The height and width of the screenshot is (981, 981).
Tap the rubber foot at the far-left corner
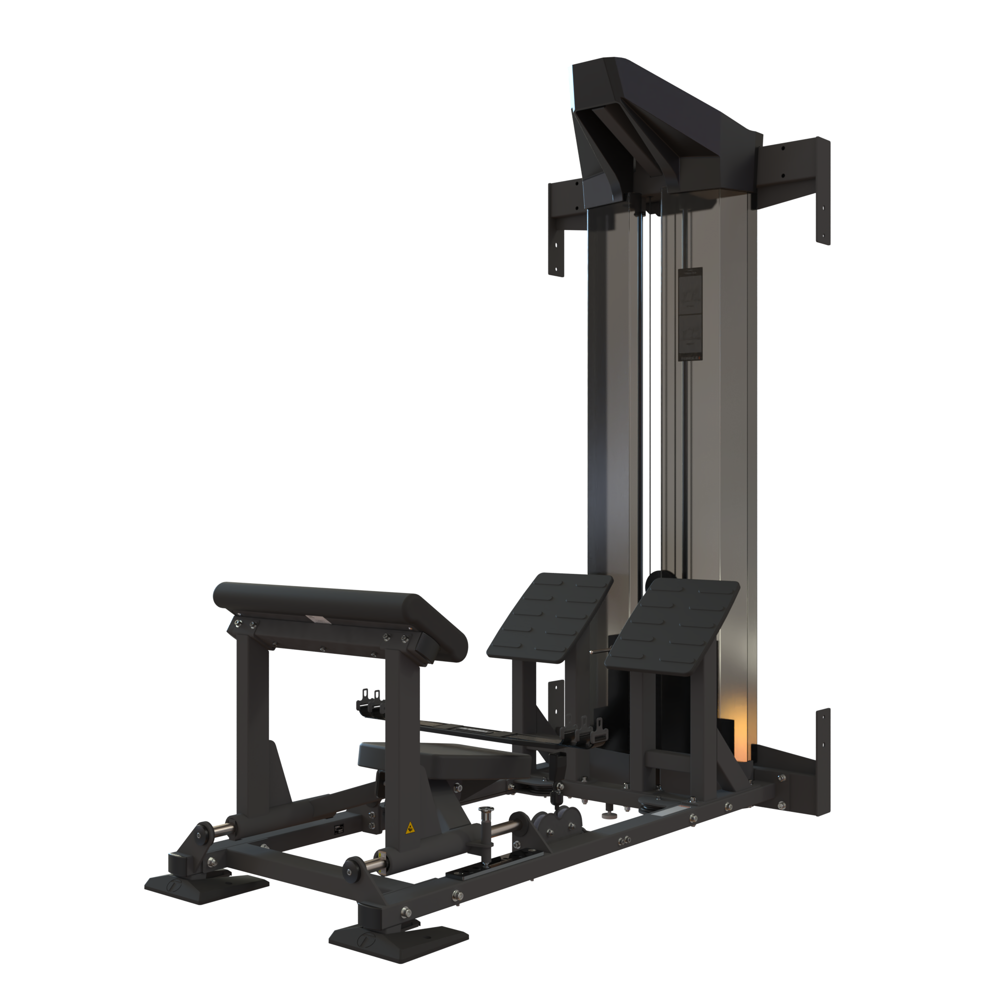click(206, 885)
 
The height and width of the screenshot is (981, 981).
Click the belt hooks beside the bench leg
click(370, 698)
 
